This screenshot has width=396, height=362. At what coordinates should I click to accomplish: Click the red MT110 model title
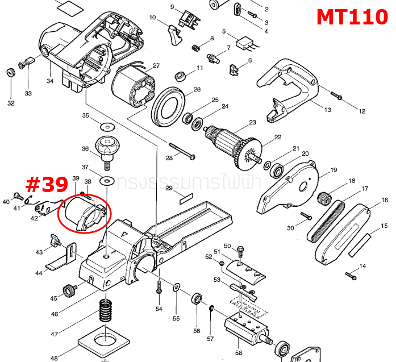(x=352, y=16)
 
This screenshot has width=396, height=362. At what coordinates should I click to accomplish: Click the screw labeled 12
(x=336, y=97)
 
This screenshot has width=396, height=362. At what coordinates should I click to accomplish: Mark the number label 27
(x=156, y=65)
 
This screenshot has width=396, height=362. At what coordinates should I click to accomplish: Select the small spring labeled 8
(x=196, y=48)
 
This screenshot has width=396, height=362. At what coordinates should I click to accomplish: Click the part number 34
(x=50, y=81)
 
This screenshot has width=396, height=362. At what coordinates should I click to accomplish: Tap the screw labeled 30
(x=306, y=217)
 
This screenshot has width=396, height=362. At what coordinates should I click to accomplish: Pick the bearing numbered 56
(x=197, y=299)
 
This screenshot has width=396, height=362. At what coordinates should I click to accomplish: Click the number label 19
(x=334, y=169)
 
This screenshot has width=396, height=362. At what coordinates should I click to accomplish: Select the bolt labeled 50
(x=240, y=250)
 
